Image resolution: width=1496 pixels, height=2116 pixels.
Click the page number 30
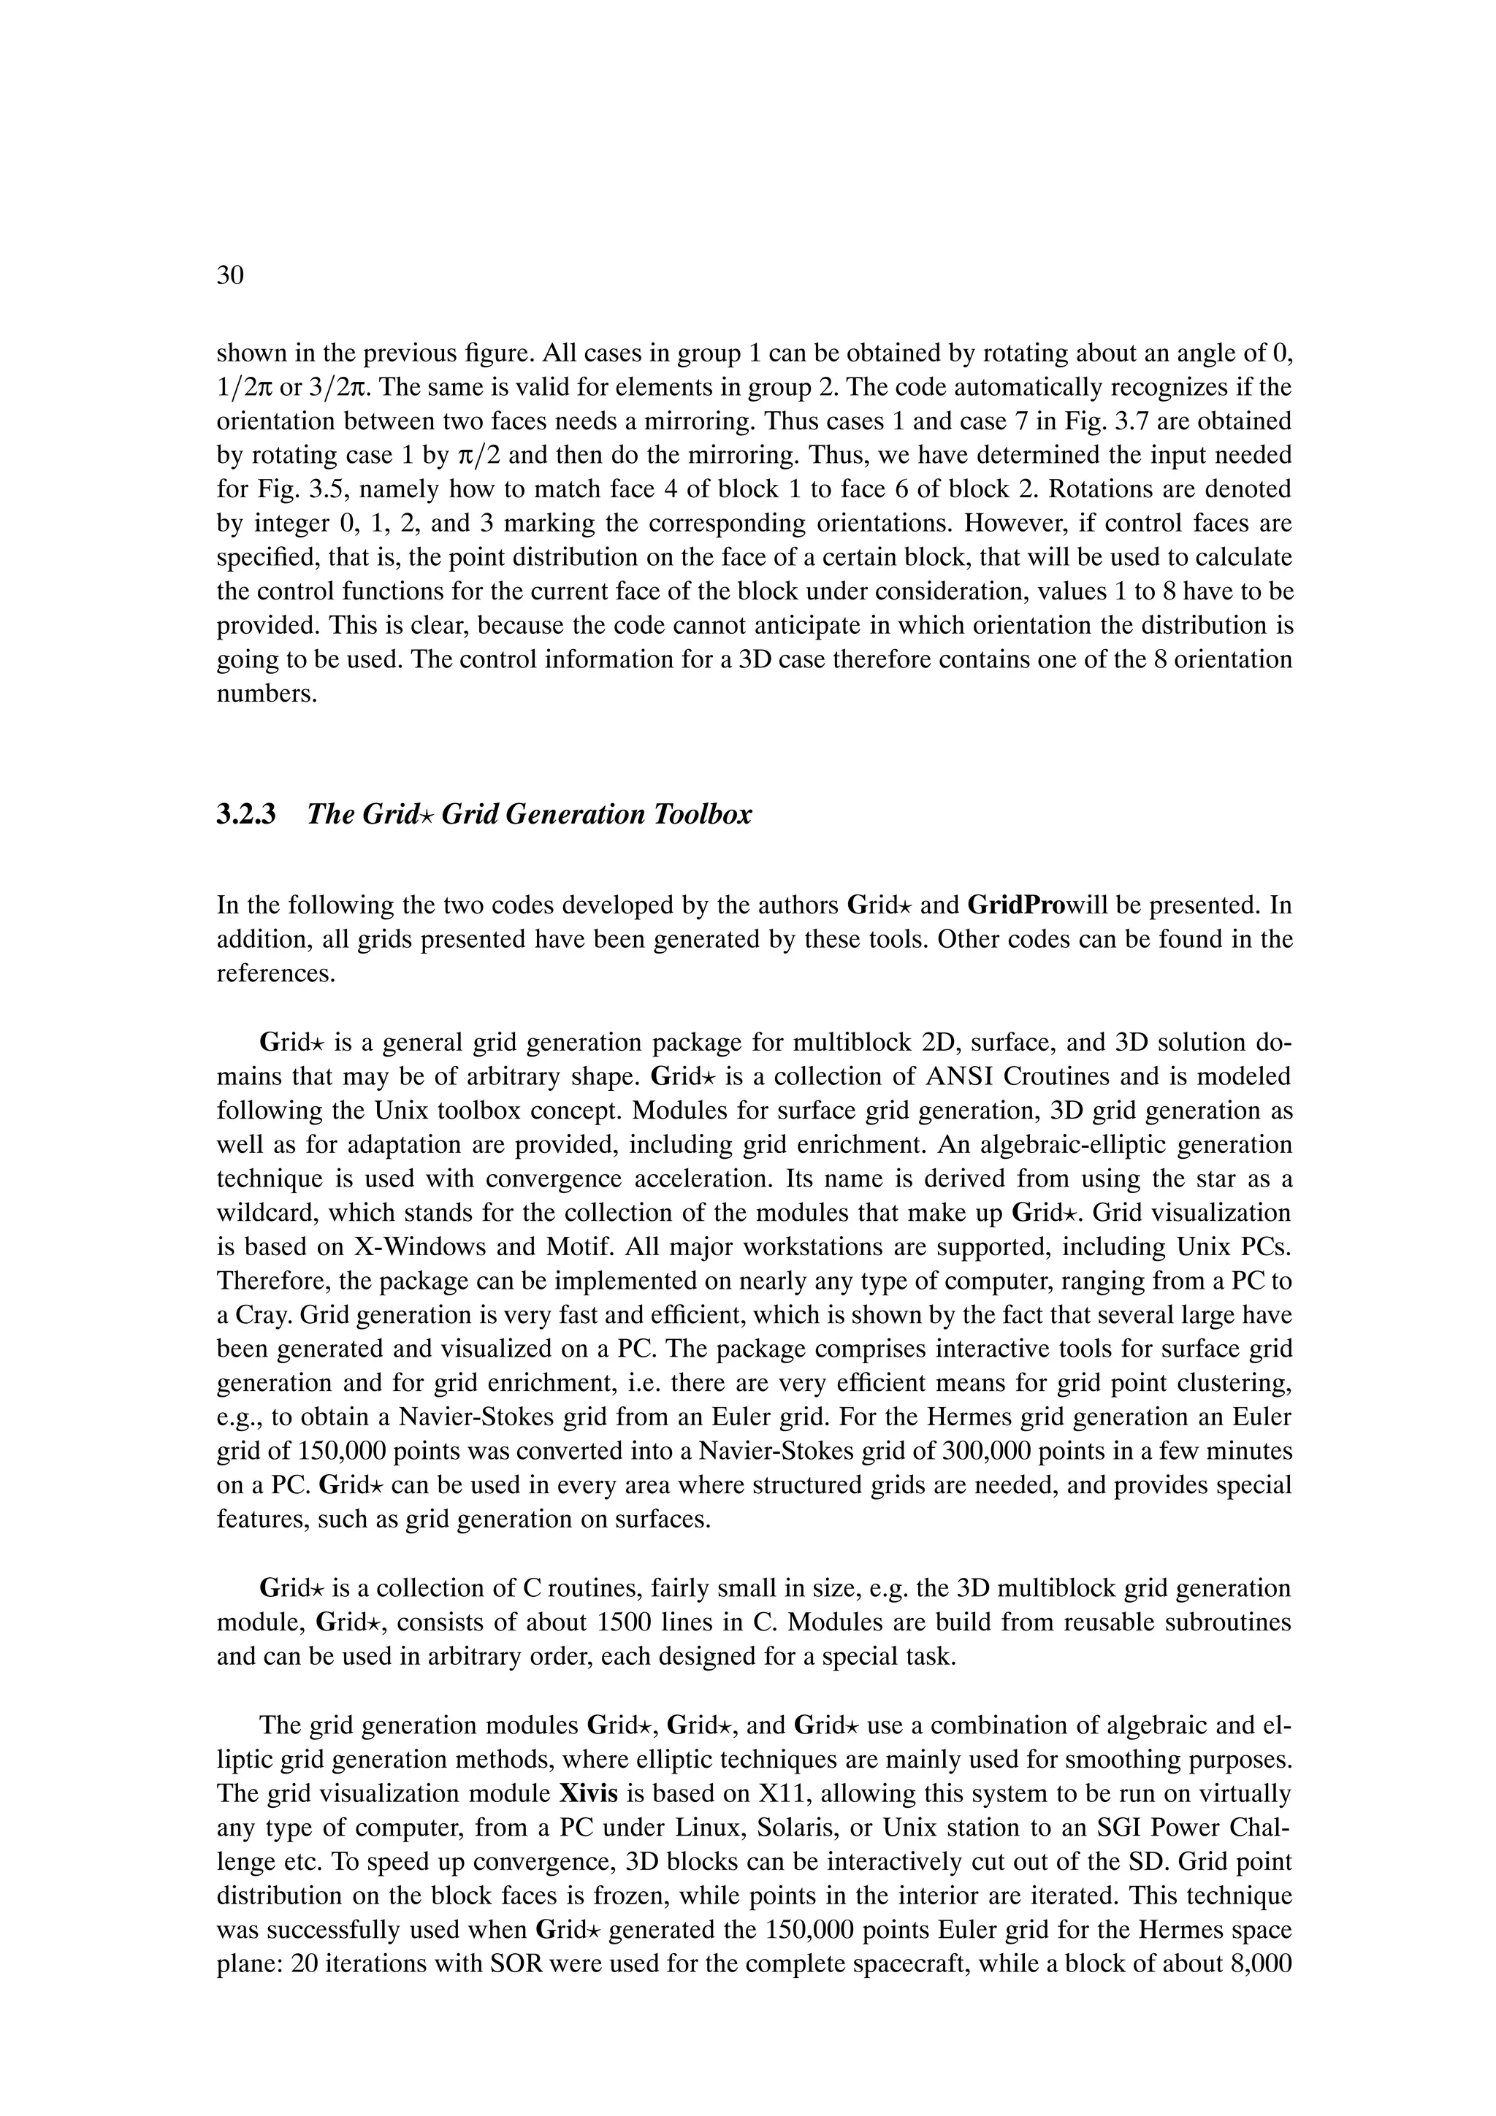click(x=229, y=275)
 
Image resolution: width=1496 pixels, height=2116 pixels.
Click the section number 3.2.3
click(x=246, y=815)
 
